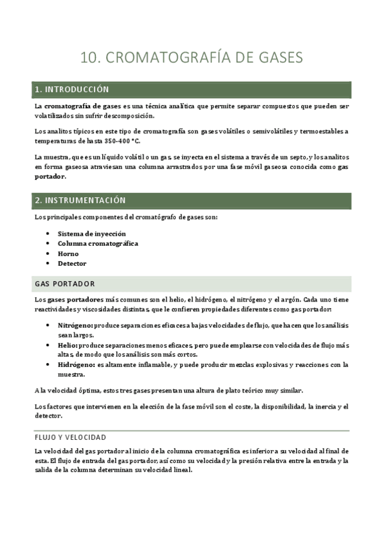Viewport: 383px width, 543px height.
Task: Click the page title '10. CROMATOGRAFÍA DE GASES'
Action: [x=191, y=58]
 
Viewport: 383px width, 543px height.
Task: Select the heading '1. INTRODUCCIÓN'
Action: [x=72, y=89]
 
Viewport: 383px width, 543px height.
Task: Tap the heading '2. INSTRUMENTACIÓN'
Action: [x=80, y=200]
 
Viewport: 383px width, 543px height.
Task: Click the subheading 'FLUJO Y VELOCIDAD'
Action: [x=70, y=437]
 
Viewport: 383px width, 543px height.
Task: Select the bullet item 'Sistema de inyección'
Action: [x=91, y=234]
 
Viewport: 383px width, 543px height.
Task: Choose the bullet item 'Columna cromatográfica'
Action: [x=98, y=244]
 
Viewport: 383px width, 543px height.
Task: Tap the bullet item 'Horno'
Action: [x=68, y=254]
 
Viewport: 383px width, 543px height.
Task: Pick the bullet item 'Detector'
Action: [x=72, y=264]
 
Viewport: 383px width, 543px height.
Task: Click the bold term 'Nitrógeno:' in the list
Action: [x=75, y=326]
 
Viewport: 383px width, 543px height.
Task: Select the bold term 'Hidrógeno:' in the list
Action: [x=76, y=365]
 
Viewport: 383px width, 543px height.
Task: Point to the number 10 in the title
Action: [x=90, y=58]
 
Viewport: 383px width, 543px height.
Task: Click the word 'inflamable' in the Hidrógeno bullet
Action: [x=155, y=365]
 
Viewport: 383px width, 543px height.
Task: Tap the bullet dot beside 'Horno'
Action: [x=49, y=254]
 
